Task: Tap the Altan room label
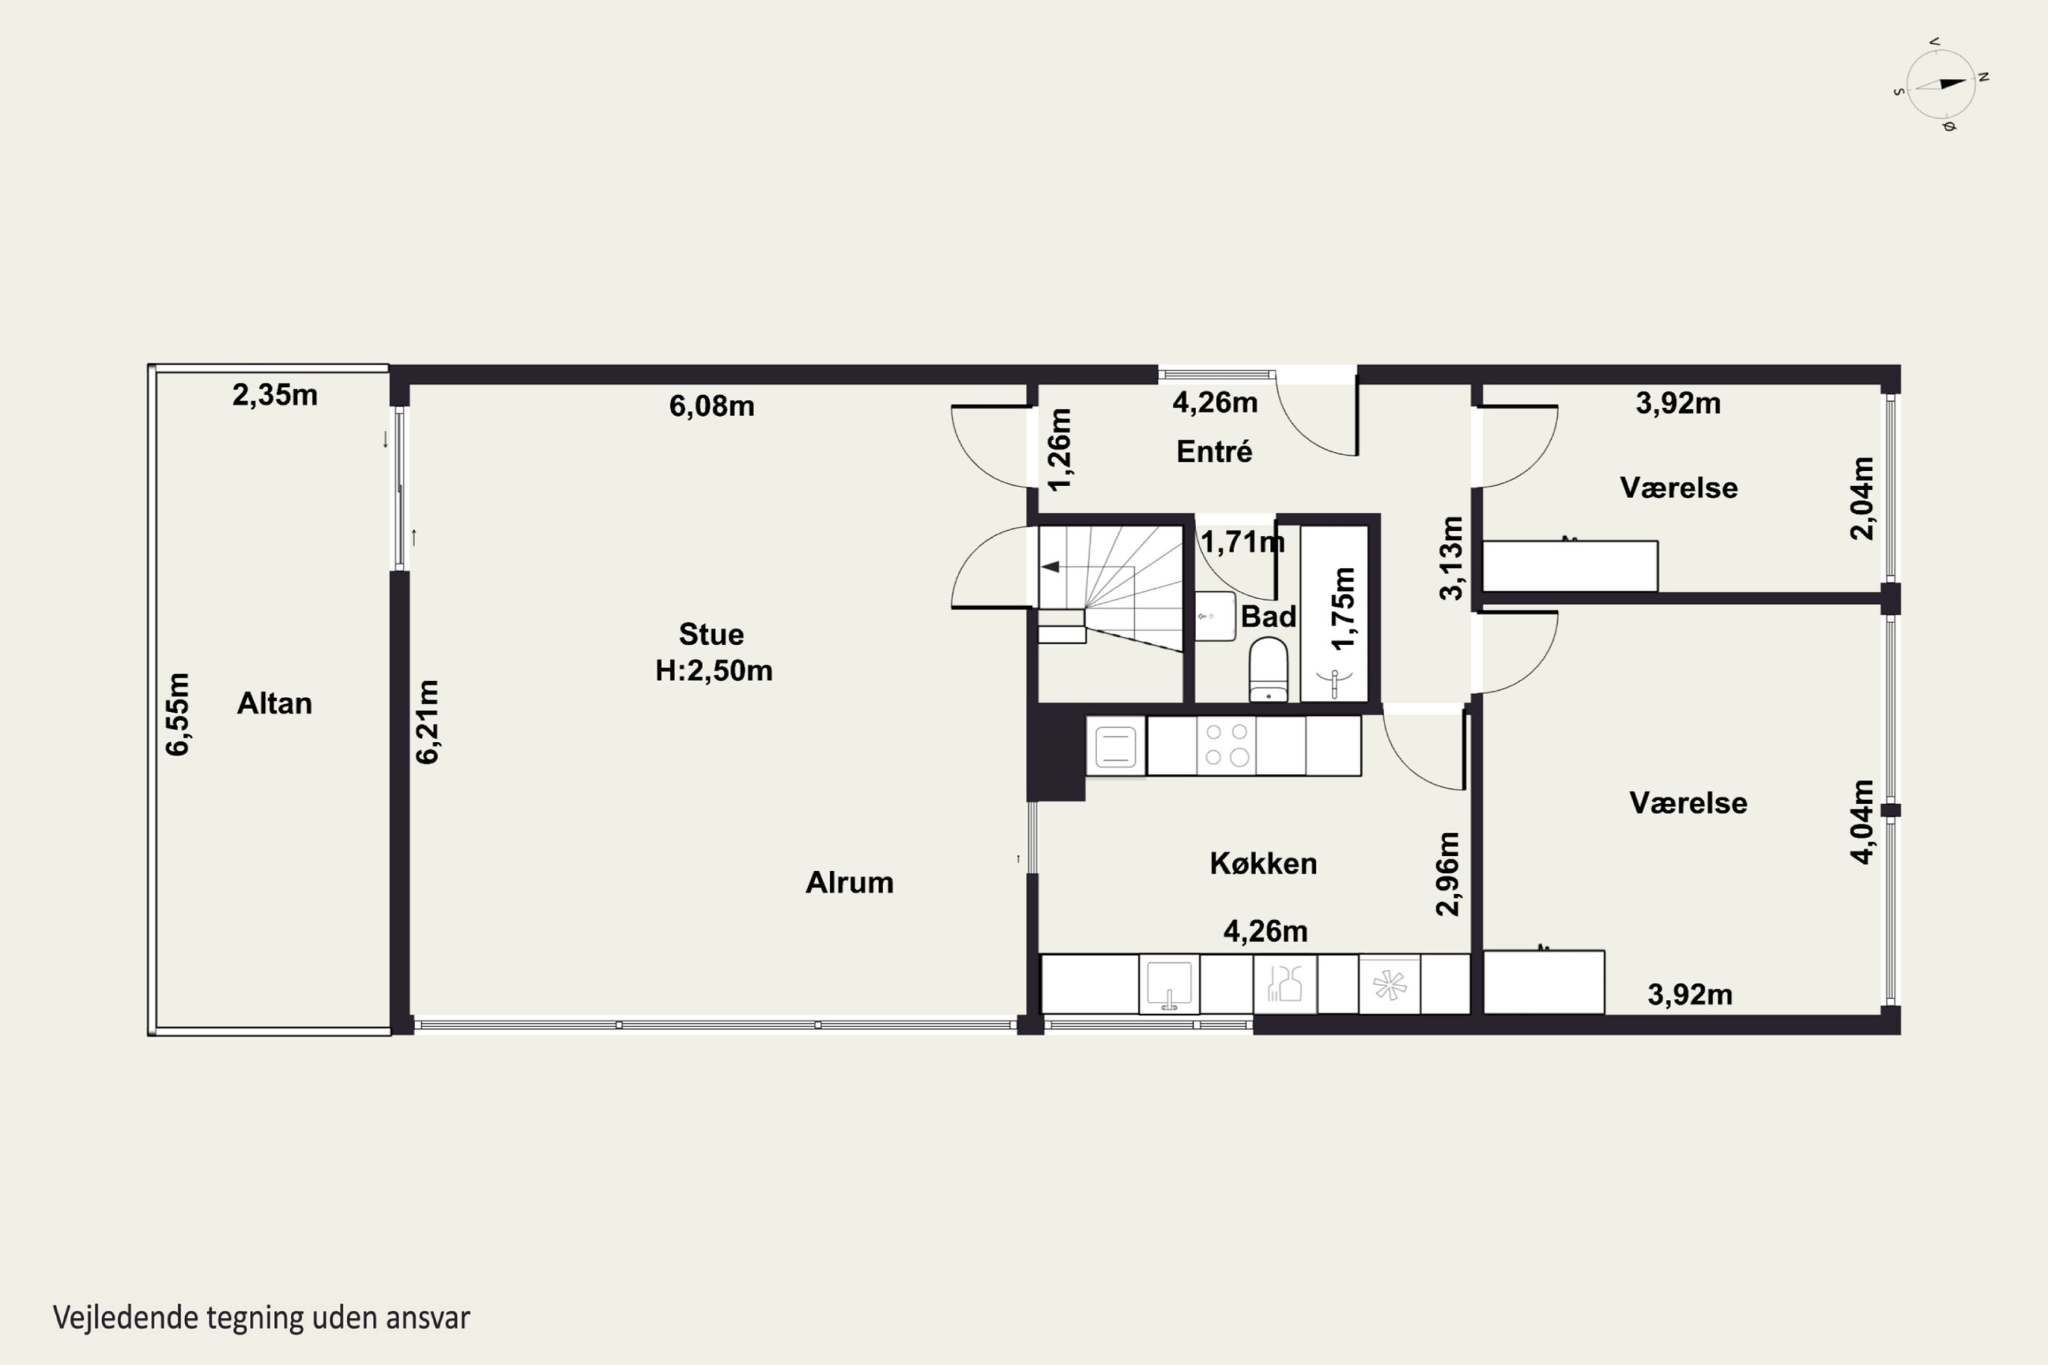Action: coord(274,704)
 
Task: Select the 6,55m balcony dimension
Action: coord(177,714)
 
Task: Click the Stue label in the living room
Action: coord(711,634)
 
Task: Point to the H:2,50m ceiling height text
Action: coord(714,670)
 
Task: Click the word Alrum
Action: coord(849,882)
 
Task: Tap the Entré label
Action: coord(1214,451)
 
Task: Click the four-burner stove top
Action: coord(1227,745)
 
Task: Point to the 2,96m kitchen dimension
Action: coord(1447,874)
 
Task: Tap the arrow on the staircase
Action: coord(1051,566)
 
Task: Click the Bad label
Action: coord(1268,616)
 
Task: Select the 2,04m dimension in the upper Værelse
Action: coord(1862,498)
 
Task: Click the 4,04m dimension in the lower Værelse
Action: coord(1862,822)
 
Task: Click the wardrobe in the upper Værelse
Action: coord(1570,566)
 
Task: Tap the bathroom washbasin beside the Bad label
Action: coord(1214,616)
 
